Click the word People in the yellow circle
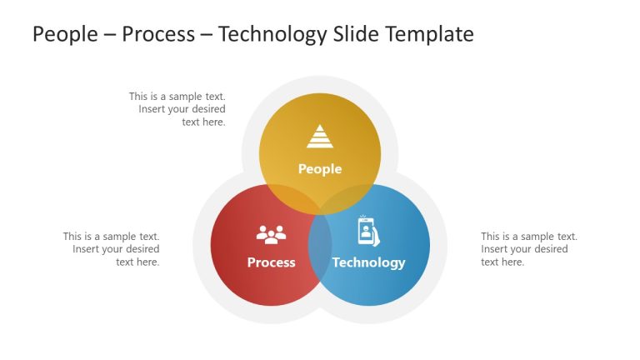320,169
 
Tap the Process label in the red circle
271,262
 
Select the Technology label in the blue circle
368,262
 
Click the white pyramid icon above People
320,136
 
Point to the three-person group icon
271,235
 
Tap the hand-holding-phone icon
368,231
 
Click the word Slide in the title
355,34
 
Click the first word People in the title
63,34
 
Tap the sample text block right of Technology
529,249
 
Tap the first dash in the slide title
108,35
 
